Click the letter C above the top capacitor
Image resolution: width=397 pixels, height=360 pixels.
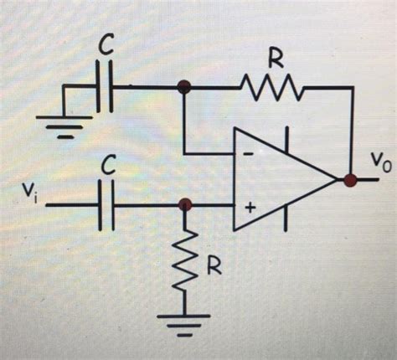[x=106, y=49]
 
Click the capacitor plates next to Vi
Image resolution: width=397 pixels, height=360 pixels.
[x=106, y=203]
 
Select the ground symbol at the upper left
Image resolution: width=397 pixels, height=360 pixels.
[x=59, y=123]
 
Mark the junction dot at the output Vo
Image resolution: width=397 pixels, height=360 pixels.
[x=349, y=178]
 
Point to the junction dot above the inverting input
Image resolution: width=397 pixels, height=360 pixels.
[x=184, y=85]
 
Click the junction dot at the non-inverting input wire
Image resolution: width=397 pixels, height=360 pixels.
[x=186, y=203]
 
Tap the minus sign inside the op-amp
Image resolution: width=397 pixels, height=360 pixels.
[x=249, y=153]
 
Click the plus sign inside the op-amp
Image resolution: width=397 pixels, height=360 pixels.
[x=249, y=205]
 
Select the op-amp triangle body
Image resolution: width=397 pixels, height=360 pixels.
[x=285, y=178]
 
